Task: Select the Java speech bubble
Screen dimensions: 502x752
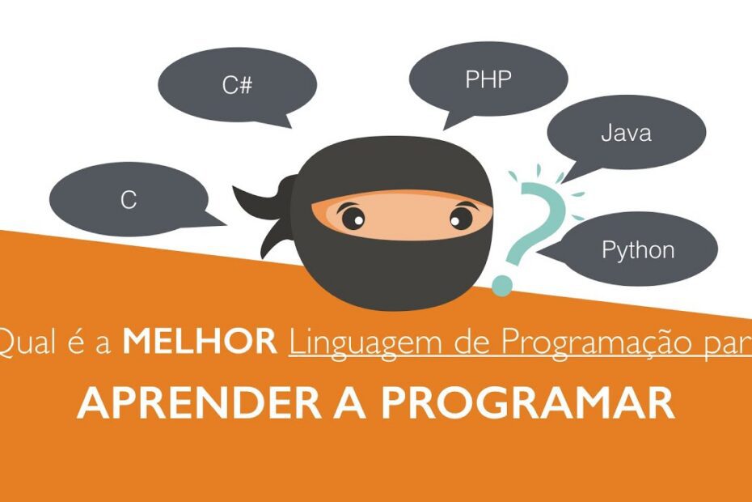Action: coord(626,133)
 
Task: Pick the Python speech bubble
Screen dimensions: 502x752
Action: coord(638,249)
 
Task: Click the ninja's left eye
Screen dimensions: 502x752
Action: coord(353,217)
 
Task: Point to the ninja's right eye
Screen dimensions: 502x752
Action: coord(460,217)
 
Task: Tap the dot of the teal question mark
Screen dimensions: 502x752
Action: coord(502,285)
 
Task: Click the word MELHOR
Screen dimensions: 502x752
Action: coord(199,342)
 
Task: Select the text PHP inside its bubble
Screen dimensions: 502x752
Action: coord(488,79)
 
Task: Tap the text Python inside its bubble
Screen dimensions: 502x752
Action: coord(638,249)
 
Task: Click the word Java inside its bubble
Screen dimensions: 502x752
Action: coord(626,133)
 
